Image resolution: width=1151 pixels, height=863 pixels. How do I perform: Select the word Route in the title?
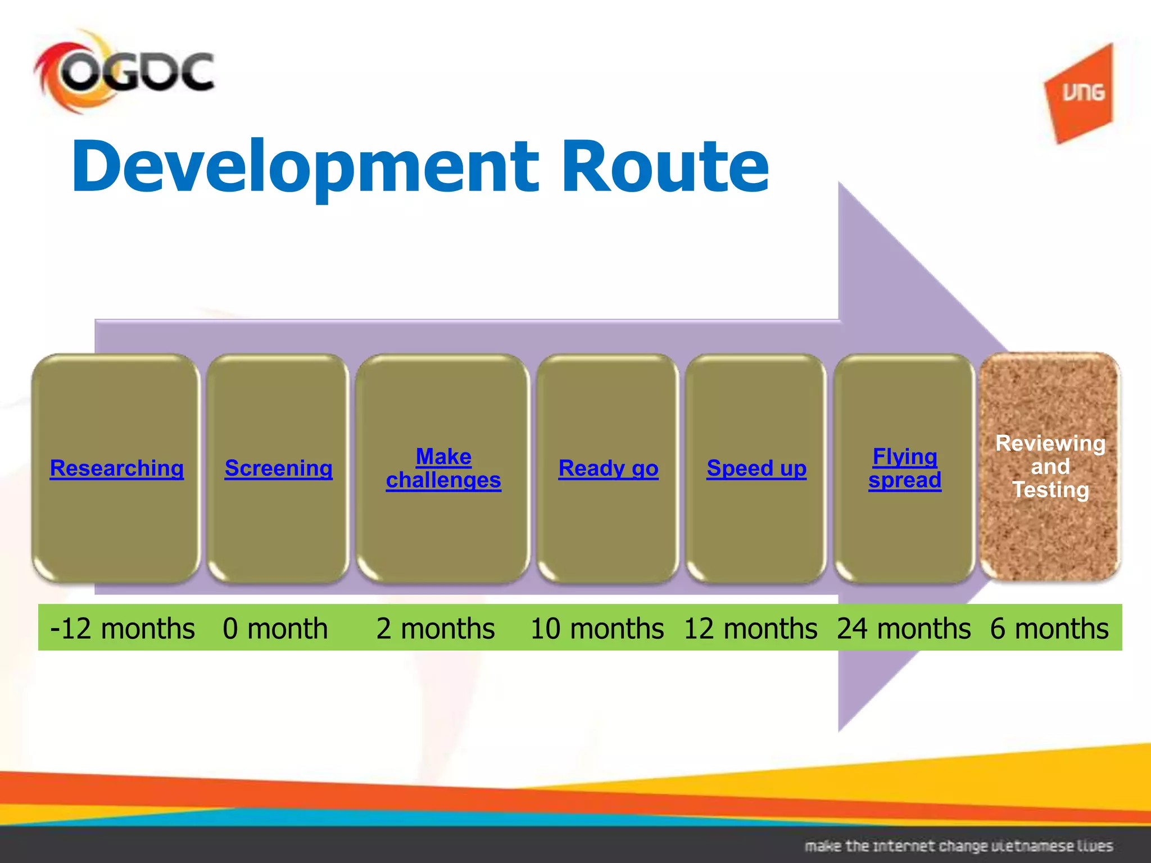[x=665, y=167]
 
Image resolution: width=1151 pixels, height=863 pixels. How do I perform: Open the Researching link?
[x=117, y=468]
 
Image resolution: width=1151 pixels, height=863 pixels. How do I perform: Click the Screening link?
[x=278, y=468]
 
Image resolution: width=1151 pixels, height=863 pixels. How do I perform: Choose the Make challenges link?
[x=443, y=468]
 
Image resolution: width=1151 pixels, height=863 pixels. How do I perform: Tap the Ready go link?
[x=608, y=468]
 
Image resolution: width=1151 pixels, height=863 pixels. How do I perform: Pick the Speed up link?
[x=756, y=468]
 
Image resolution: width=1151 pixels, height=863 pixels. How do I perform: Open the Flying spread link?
[x=905, y=468]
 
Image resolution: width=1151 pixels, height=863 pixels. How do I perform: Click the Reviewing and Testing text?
[x=1050, y=466]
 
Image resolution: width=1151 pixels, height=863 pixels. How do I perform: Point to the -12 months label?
[x=122, y=628]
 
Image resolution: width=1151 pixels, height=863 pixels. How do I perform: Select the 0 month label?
[x=275, y=628]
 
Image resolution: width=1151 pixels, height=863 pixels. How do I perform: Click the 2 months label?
[x=436, y=628]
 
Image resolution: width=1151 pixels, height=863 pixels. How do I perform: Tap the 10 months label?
[x=597, y=628]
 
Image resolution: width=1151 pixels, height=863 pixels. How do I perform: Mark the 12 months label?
[x=750, y=628]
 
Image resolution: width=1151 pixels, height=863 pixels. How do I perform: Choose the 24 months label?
[x=904, y=628]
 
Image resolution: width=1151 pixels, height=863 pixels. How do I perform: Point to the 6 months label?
[x=1049, y=628]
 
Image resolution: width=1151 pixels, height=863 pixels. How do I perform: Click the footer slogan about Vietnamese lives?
[x=959, y=846]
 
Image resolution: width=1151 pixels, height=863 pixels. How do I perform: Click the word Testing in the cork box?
[x=1050, y=490]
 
